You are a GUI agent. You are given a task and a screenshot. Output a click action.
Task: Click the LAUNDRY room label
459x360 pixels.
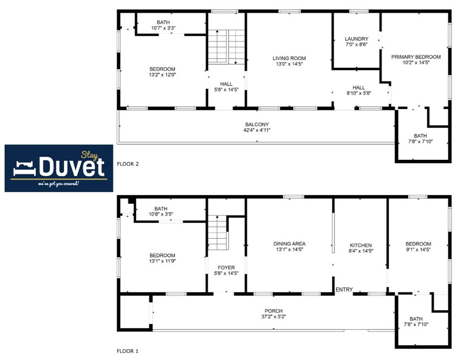coord(356,39)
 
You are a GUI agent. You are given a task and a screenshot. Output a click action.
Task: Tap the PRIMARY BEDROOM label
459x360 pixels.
coord(416,57)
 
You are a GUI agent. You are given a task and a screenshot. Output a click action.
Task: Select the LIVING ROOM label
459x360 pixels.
coord(289,59)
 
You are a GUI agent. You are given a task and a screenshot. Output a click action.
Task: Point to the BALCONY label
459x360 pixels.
coord(257,124)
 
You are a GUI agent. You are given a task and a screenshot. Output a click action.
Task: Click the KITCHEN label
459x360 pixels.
coord(361,246)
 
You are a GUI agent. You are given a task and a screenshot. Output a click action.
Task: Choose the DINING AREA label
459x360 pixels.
coord(289,244)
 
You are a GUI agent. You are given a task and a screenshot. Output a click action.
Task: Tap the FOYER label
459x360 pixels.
coord(226,268)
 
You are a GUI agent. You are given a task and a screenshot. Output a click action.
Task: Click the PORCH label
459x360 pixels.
coord(273,311)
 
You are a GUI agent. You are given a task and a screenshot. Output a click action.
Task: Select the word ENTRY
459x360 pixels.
coord(344,290)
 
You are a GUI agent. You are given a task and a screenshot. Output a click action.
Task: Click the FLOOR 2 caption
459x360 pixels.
coord(128,164)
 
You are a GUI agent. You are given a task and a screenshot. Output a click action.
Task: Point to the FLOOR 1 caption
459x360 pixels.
coord(128,351)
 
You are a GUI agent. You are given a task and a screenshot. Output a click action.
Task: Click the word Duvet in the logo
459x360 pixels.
coord(72,167)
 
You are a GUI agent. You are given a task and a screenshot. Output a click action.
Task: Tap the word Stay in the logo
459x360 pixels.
coord(90,155)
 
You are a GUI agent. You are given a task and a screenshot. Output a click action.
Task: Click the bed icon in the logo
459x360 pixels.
coord(25,168)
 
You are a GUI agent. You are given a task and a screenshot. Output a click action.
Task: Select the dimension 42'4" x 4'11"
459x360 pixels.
coord(257,130)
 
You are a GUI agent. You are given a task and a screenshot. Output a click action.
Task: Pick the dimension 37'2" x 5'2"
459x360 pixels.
coord(273,317)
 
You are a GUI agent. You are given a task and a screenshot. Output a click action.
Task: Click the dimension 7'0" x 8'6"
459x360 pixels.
coord(356,45)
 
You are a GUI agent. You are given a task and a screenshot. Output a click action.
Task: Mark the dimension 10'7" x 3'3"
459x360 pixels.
coord(163,28)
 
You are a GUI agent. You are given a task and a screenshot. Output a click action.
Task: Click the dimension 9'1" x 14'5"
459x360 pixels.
coord(418,250)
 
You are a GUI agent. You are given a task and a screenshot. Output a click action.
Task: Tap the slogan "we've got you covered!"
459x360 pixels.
coord(59,184)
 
